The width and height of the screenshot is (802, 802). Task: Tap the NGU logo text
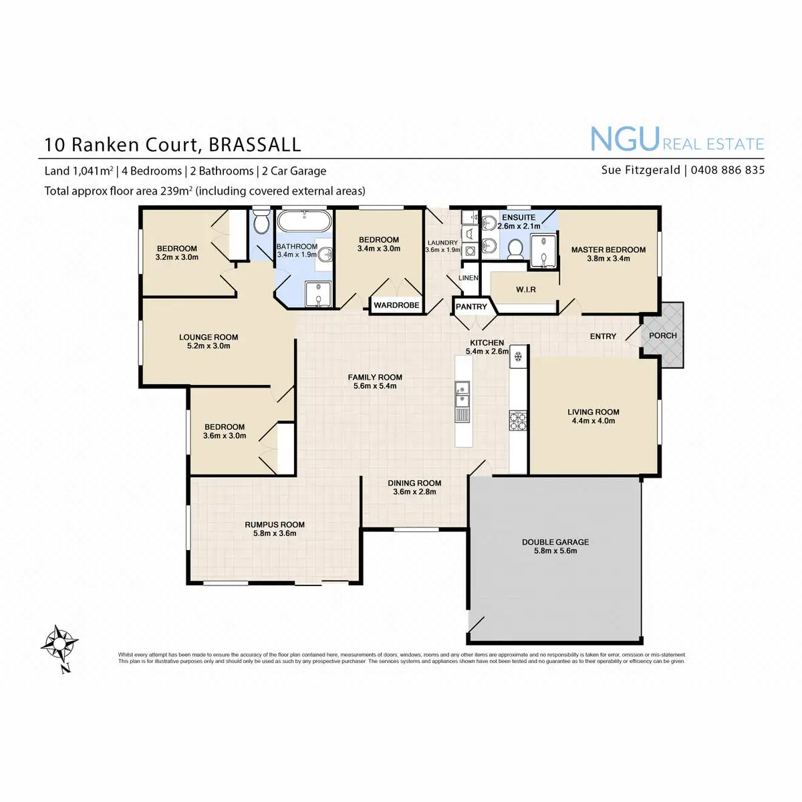click(624, 139)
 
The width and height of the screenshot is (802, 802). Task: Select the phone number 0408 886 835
click(727, 170)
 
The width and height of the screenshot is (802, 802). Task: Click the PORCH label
click(662, 336)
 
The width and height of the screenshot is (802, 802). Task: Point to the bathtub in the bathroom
click(304, 222)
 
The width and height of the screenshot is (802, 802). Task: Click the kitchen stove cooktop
click(518, 421)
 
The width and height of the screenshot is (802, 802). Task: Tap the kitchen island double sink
click(462, 394)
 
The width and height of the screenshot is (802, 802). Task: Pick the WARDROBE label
click(396, 305)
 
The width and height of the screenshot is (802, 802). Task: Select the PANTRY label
click(471, 307)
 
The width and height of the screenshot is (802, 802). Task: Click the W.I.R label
click(525, 290)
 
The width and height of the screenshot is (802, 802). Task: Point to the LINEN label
click(468, 278)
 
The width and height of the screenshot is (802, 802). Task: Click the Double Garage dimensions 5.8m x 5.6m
click(555, 551)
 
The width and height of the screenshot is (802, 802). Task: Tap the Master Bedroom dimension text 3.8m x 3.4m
click(608, 259)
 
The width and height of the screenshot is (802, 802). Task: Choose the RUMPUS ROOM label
click(275, 525)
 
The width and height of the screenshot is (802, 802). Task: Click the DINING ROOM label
click(414, 483)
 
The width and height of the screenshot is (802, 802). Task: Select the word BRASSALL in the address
click(255, 145)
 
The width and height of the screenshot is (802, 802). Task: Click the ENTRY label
click(603, 336)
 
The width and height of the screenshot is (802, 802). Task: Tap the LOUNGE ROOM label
click(209, 338)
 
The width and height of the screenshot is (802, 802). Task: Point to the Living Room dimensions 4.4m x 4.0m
click(593, 421)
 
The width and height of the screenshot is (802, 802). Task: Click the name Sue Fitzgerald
click(640, 170)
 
